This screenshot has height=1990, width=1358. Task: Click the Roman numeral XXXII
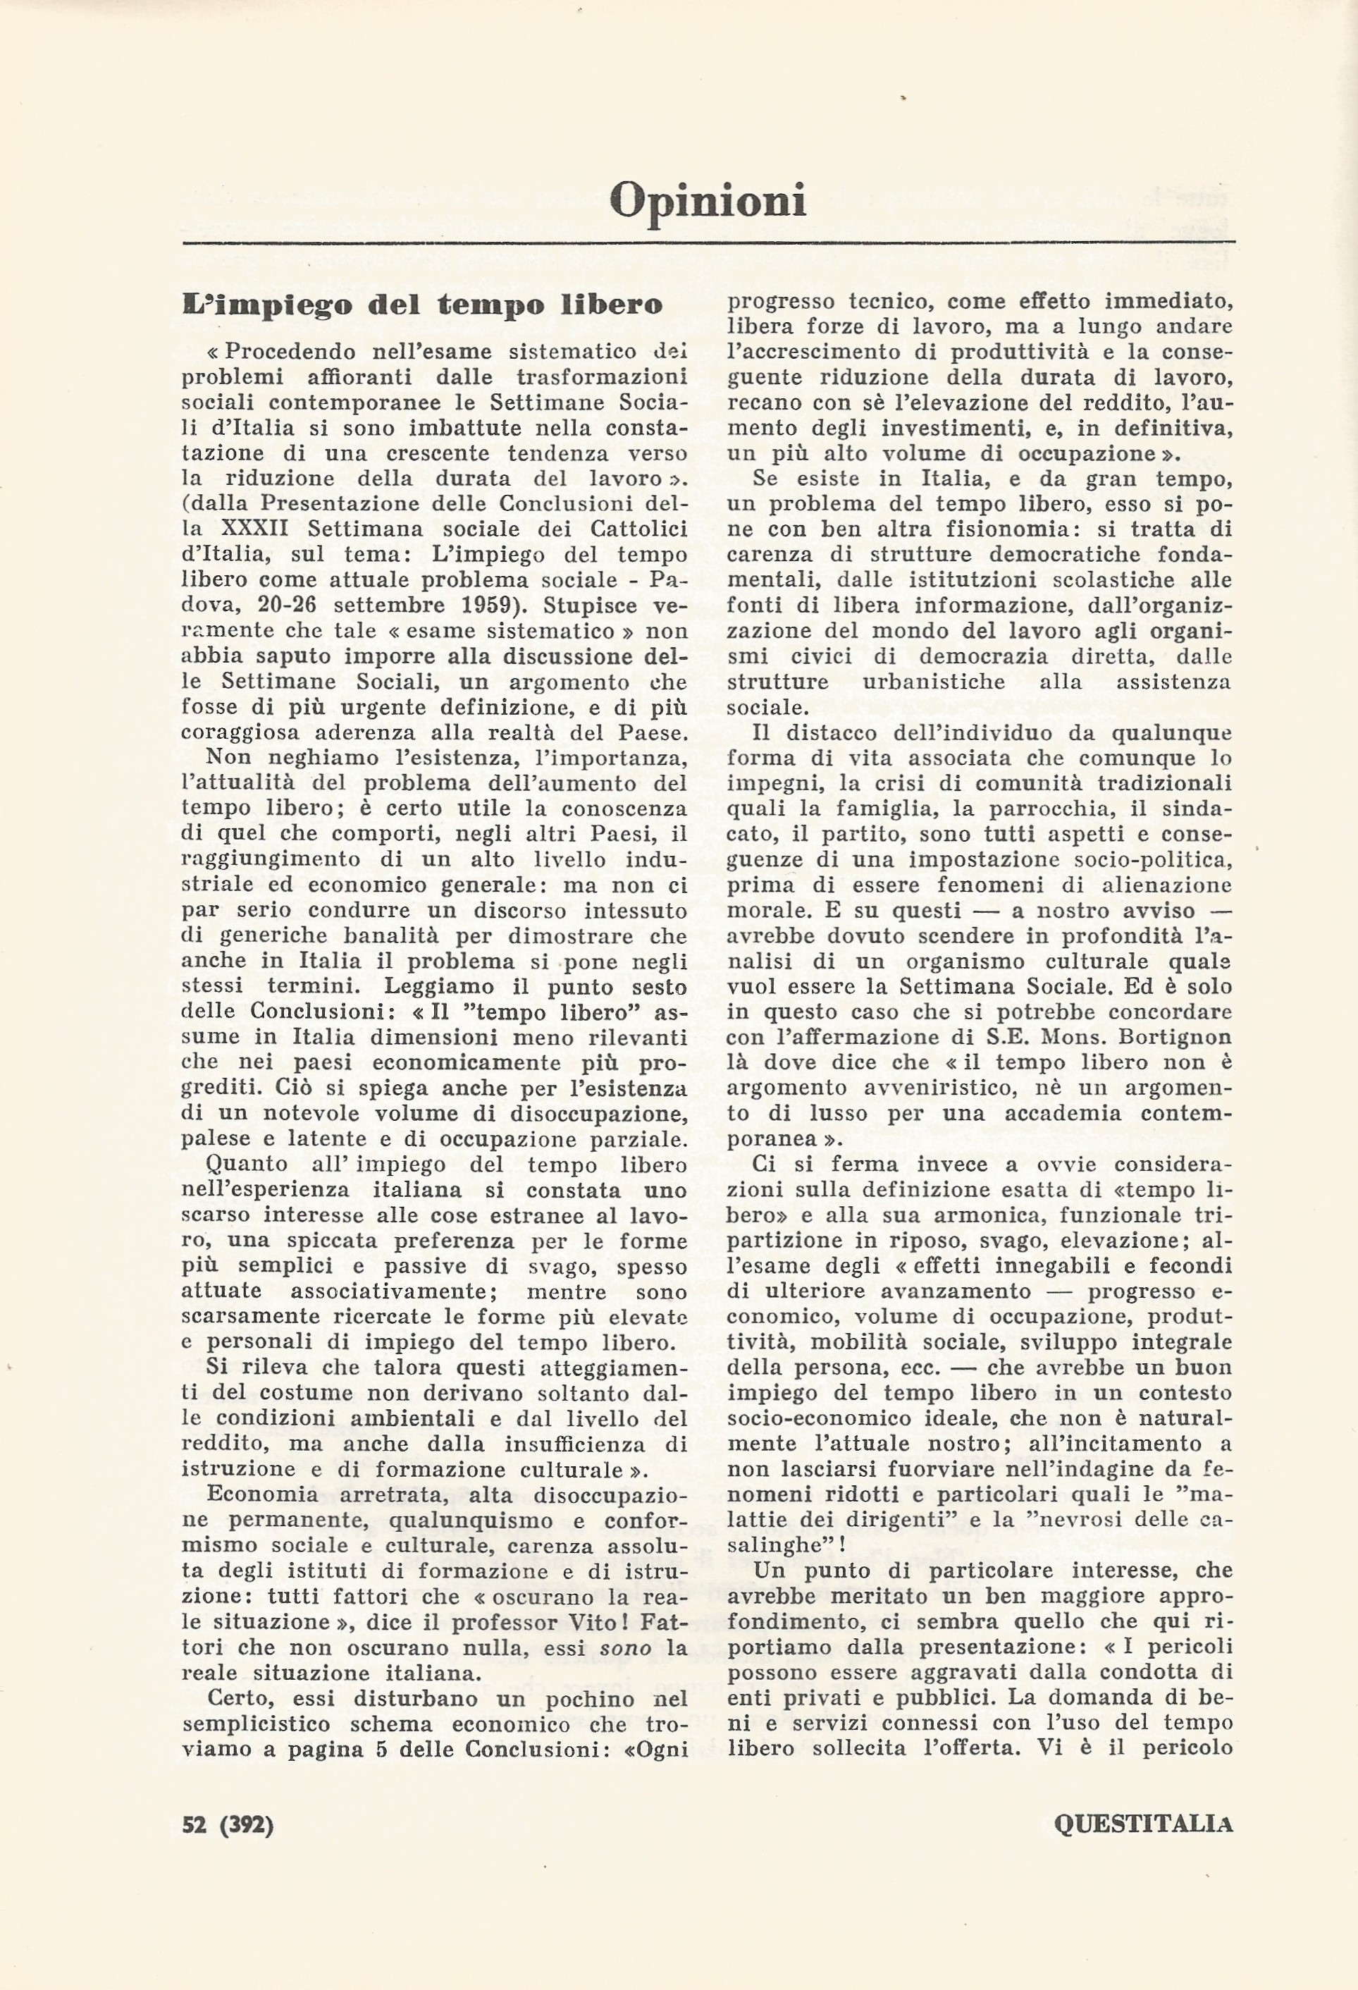[262, 530]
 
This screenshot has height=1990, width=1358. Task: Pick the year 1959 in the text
[493, 606]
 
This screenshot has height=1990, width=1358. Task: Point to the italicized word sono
[626, 1647]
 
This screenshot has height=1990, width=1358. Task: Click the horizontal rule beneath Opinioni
[708, 244]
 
